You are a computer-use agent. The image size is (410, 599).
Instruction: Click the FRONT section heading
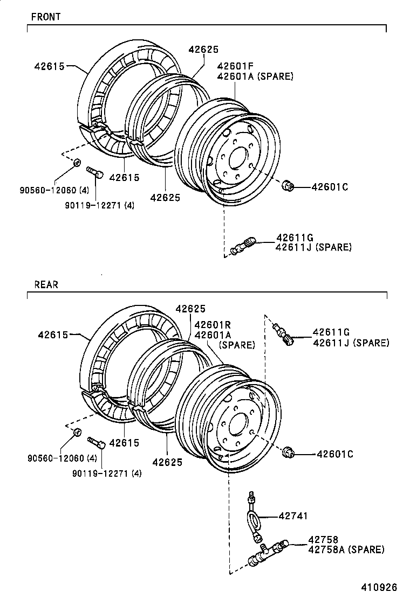click(46, 17)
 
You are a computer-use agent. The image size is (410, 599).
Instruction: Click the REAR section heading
click(46, 284)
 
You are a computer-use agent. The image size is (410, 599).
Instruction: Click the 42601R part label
click(213, 325)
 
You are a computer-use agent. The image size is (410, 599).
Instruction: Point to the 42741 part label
click(293, 516)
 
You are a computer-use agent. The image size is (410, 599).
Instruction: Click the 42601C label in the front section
click(330, 187)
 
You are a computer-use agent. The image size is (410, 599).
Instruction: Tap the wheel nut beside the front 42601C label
click(288, 186)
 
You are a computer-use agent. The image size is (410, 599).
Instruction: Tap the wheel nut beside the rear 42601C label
click(288, 453)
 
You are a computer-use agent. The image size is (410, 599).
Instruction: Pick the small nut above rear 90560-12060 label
click(77, 432)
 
